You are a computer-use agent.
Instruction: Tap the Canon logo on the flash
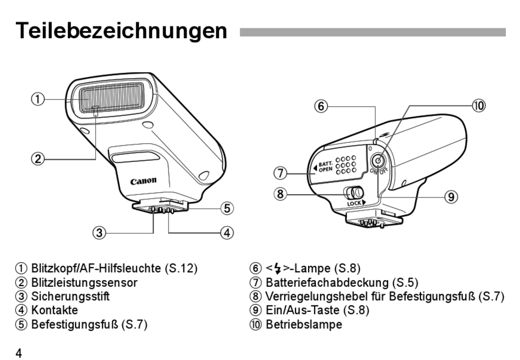pyautogui.click(x=143, y=181)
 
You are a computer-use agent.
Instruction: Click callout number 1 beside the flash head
pyautogui.click(x=37, y=99)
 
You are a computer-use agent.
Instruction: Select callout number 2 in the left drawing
pyautogui.click(x=37, y=159)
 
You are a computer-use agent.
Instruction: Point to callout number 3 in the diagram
pyautogui.click(x=99, y=233)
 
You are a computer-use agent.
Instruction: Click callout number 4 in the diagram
pyautogui.click(x=227, y=233)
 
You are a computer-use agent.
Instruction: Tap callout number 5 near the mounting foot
pyautogui.click(x=227, y=208)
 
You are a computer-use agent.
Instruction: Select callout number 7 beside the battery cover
pyautogui.click(x=280, y=173)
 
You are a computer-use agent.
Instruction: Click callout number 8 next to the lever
pyautogui.click(x=280, y=194)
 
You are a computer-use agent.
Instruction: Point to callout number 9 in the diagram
pyautogui.click(x=450, y=196)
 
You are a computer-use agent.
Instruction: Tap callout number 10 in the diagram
pyautogui.click(x=478, y=106)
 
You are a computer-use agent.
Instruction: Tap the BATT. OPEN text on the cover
pyautogui.click(x=326, y=166)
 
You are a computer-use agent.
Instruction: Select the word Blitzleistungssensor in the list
pyautogui.click(x=84, y=282)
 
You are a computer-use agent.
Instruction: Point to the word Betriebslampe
pyautogui.click(x=304, y=324)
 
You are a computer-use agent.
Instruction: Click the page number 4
pyautogui.click(x=19, y=353)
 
